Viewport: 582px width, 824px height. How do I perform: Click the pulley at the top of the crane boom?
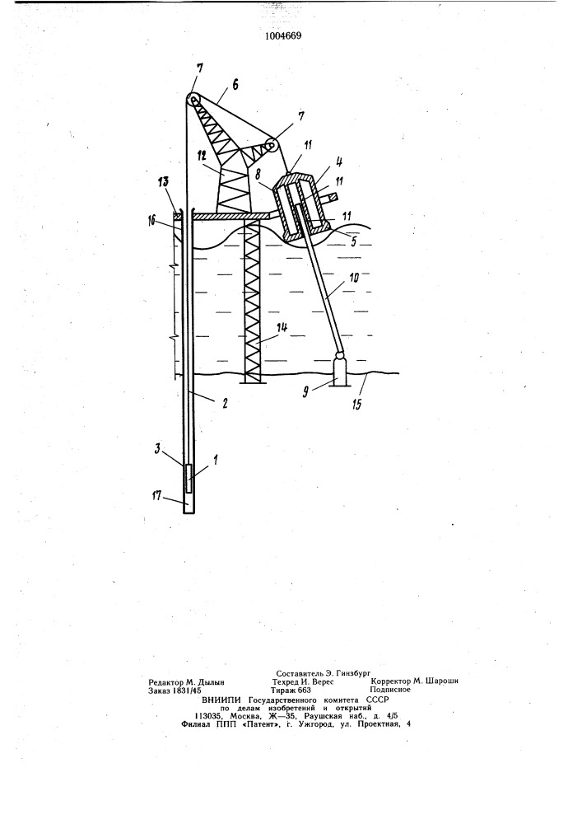click(x=193, y=100)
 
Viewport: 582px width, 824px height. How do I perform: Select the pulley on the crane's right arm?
click(x=272, y=146)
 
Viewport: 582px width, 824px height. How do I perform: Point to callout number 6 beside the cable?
click(x=235, y=85)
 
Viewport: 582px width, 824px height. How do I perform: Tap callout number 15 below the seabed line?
click(x=357, y=405)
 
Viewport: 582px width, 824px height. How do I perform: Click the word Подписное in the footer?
click(x=390, y=690)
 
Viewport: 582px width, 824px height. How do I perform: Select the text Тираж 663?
click(x=291, y=690)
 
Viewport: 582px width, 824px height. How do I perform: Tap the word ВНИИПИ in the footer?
click(x=221, y=700)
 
